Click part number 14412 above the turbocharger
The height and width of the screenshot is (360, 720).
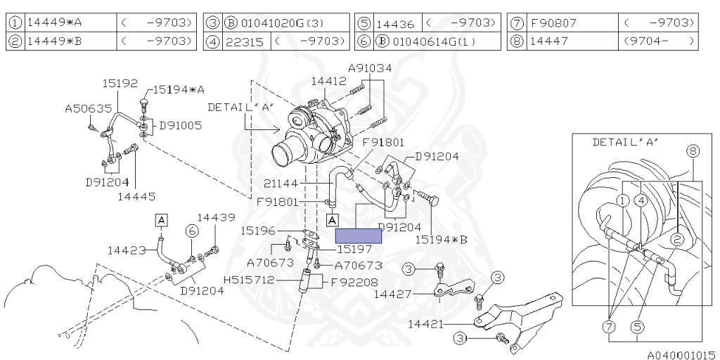[329, 82]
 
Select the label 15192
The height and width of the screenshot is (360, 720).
[120, 83]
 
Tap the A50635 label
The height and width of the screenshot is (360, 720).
[88, 108]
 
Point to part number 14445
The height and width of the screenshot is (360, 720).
[136, 197]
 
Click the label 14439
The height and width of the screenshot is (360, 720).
[217, 217]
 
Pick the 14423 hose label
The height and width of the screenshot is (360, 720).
[126, 250]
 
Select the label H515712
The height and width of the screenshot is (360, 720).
[249, 280]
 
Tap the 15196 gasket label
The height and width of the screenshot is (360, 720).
[258, 231]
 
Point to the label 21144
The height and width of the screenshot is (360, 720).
[281, 184]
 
